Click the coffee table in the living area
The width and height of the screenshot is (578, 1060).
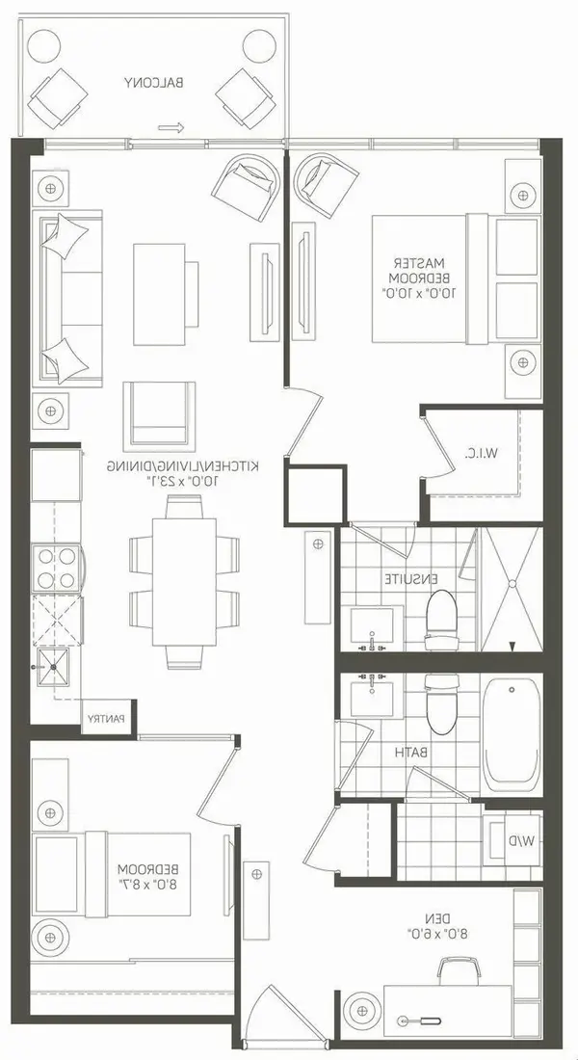(159, 294)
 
